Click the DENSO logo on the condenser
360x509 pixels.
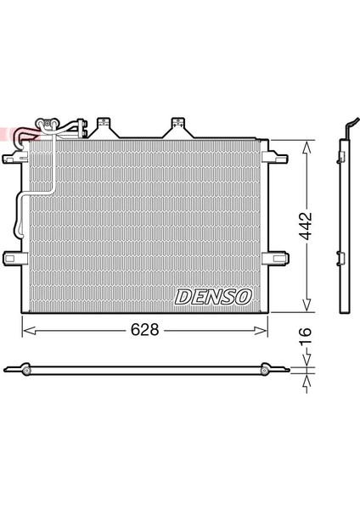[x=213, y=296]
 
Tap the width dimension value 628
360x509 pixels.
[x=143, y=330]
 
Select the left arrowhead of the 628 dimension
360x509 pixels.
[x=25, y=330]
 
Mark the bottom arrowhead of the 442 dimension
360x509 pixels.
[x=307, y=310]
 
